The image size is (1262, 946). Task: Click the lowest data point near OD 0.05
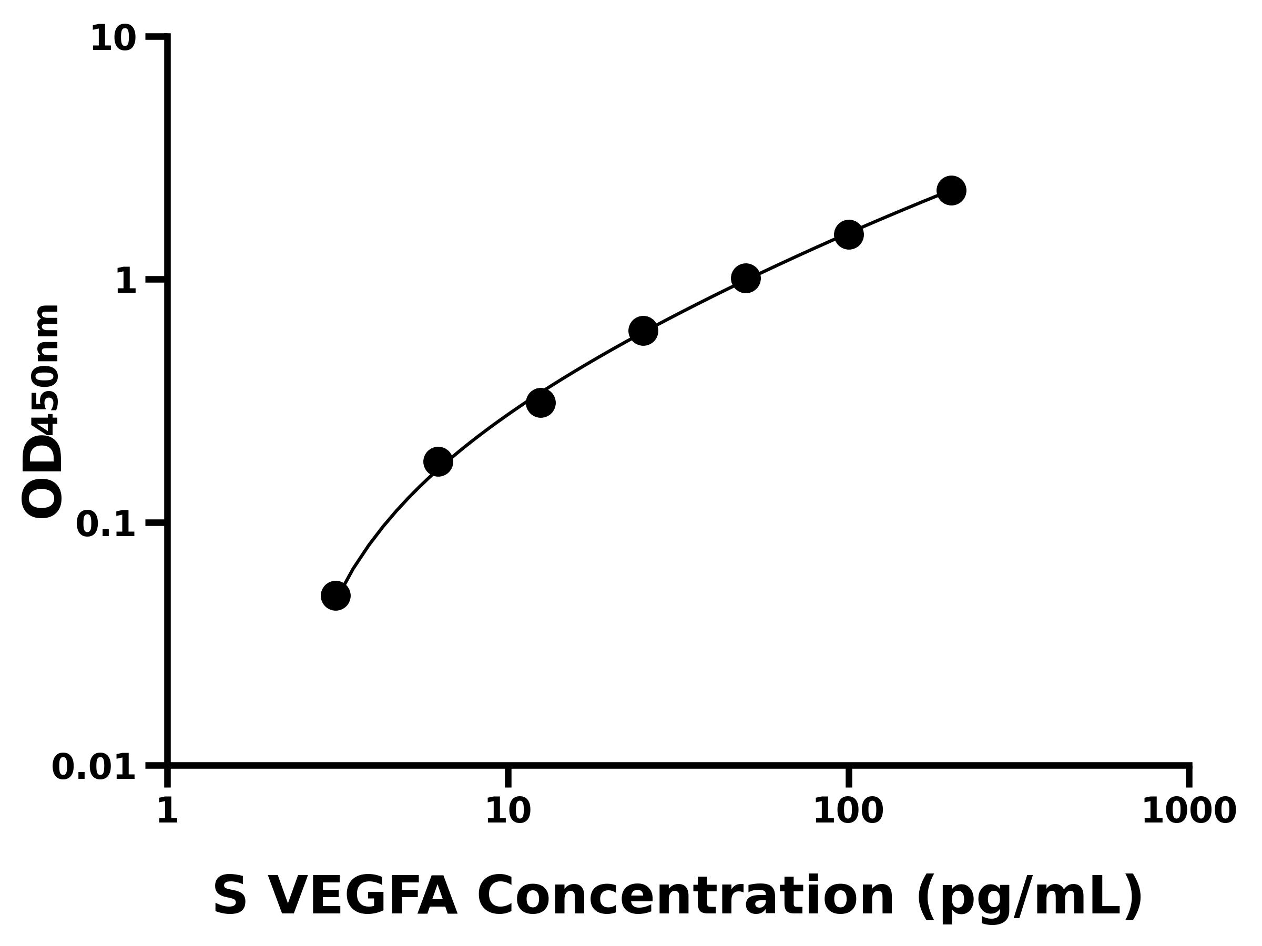click(x=335, y=596)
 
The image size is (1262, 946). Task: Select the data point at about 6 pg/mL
click(x=438, y=461)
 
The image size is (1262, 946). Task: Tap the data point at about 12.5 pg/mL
click(x=540, y=403)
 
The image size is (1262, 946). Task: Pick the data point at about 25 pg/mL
click(x=643, y=331)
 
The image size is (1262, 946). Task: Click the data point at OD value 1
click(x=746, y=278)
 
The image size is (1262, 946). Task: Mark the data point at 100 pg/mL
click(x=848, y=234)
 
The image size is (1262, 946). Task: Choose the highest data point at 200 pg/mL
click(x=951, y=190)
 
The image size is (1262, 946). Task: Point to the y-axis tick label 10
click(x=113, y=40)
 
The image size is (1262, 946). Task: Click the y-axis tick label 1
click(x=126, y=282)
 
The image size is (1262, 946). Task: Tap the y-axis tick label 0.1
click(x=106, y=524)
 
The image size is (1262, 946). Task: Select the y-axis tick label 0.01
click(x=94, y=767)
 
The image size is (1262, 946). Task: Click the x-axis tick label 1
click(x=167, y=811)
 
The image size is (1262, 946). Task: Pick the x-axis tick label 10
click(x=508, y=811)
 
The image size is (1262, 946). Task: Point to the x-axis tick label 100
click(x=848, y=811)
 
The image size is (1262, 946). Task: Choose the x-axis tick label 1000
click(x=1188, y=811)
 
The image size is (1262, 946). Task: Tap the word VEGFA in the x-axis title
click(x=362, y=896)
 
